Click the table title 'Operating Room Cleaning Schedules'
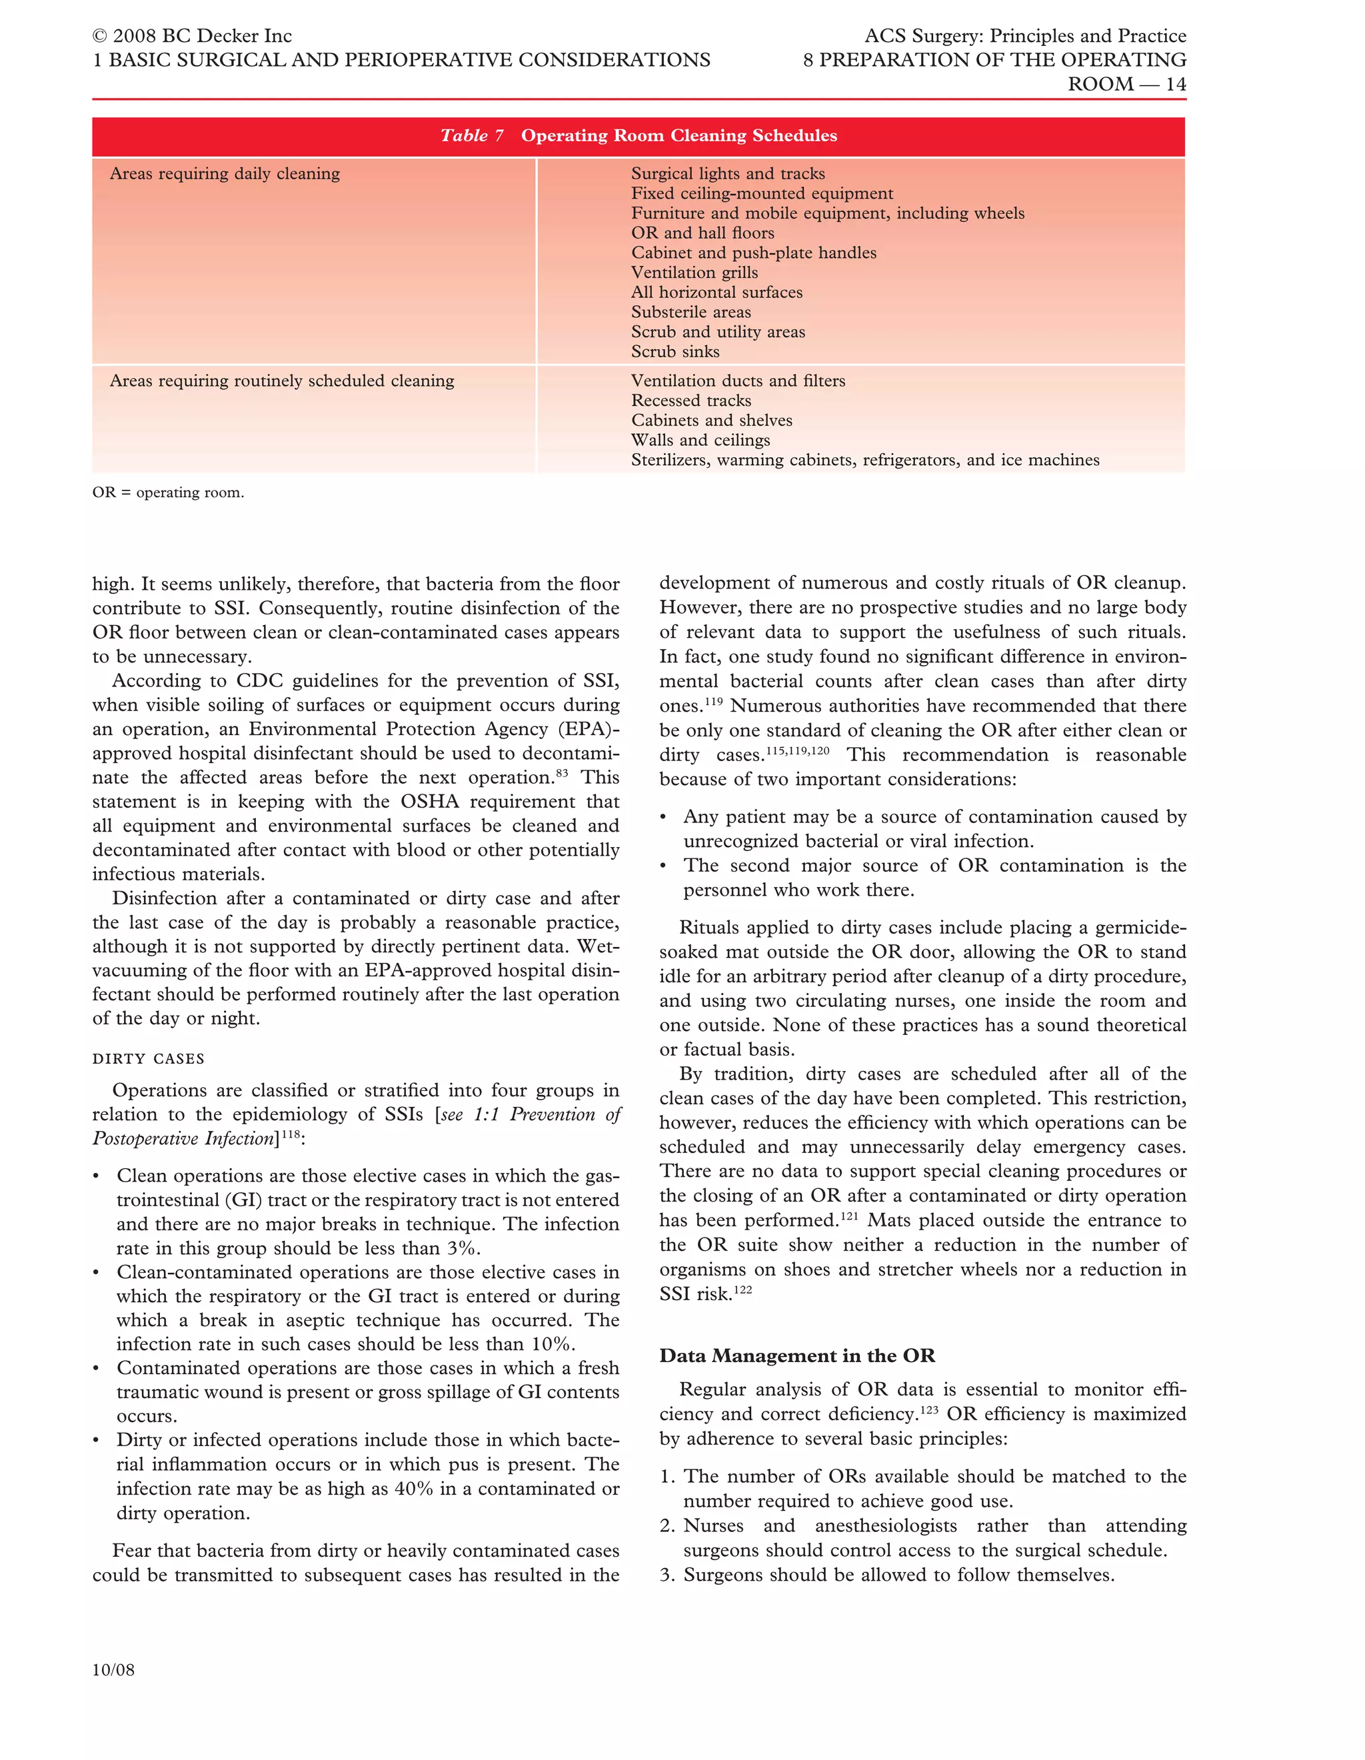(x=679, y=135)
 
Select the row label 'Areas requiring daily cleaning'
(x=225, y=174)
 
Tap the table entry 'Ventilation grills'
(x=694, y=273)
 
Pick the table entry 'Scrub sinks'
(x=675, y=351)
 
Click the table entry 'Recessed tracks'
(x=690, y=401)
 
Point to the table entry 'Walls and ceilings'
(x=700, y=440)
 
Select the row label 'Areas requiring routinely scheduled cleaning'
(x=282, y=381)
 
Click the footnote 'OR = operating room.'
(x=167, y=492)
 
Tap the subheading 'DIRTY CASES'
(x=148, y=1059)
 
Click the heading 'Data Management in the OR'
(x=797, y=1355)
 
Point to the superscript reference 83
(x=562, y=773)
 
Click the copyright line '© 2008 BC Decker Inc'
(x=192, y=36)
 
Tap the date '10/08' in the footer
(x=113, y=1670)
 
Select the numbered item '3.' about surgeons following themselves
(x=667, y=1575)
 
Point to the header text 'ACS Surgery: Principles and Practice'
(x=1024, y=36)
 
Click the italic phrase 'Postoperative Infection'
(x=184, y=1139)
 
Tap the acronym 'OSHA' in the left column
(x=429, y=802)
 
